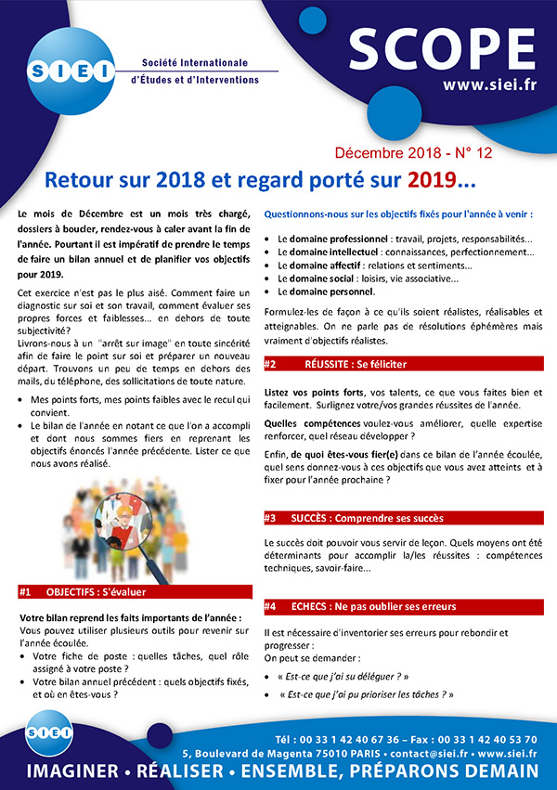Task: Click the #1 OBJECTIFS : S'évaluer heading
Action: [135, 590]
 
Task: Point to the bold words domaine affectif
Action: [322, 265]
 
